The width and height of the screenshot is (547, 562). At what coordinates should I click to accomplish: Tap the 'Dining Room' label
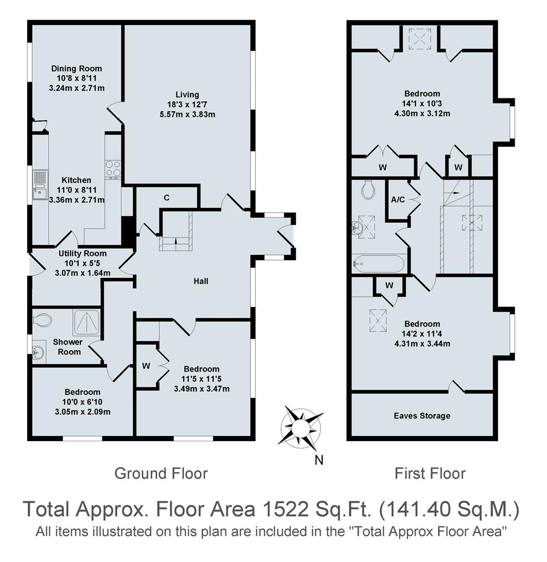77,68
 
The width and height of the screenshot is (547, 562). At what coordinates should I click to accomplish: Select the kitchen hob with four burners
113,169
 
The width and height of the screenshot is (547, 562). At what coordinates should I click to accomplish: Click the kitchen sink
40,185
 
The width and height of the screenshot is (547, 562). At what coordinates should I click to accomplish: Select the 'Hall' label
201,281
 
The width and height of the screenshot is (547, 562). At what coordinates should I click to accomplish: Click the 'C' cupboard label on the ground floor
167,198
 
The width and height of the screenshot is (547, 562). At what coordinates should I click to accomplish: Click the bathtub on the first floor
378,264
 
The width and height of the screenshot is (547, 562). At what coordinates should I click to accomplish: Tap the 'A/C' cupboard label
398,199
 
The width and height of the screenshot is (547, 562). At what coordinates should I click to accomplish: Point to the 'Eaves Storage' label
422,416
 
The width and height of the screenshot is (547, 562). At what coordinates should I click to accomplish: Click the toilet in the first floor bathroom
368,189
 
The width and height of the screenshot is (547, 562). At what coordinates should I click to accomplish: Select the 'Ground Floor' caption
161,474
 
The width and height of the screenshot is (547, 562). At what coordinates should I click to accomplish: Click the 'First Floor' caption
430,474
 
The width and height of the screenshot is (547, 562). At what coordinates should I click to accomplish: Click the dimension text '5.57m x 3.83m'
187,114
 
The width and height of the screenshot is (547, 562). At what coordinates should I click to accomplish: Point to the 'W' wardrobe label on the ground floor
146,366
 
